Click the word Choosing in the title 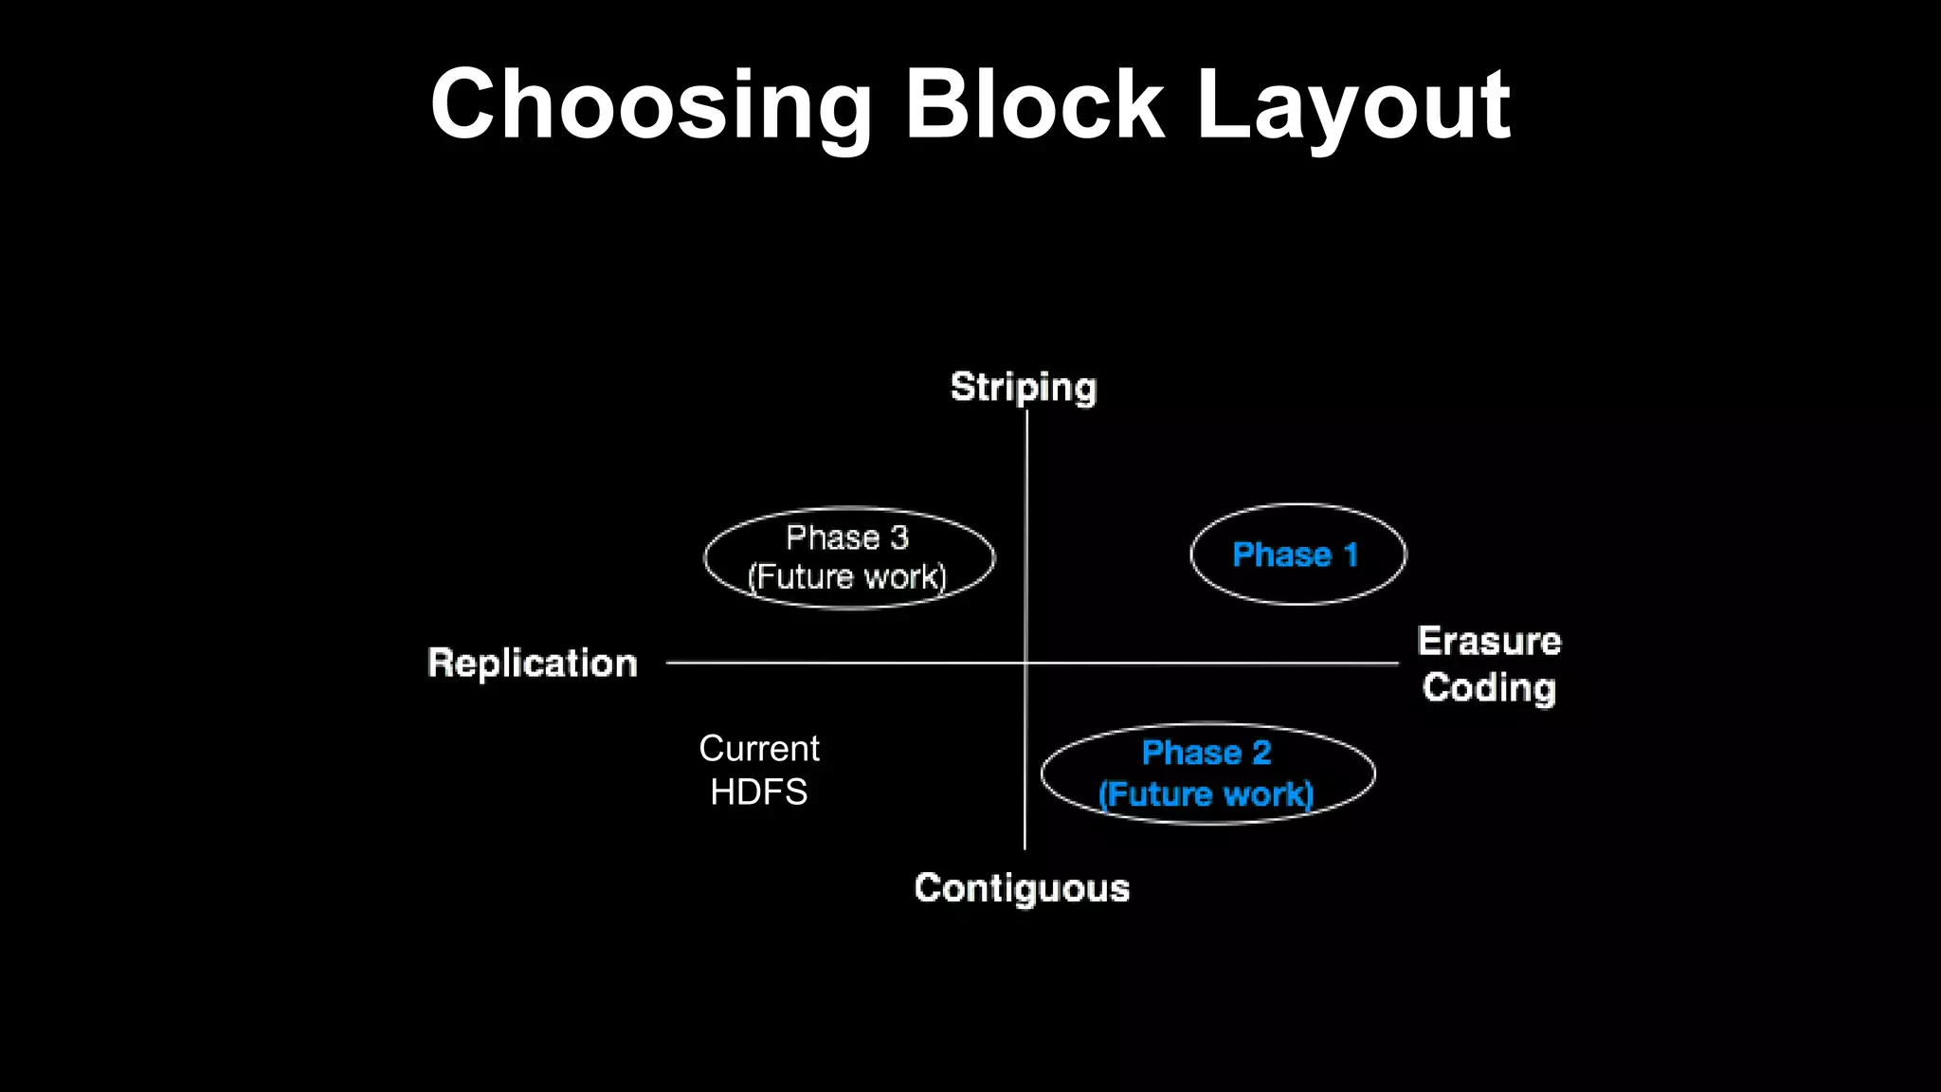[x=650, y=106]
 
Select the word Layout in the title [x=1352, y=106]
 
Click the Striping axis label [x=1024, y=387]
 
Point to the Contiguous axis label [x=1022, y=888]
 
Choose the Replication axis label [x=533, y=663]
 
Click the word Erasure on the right [x=1489, y=642]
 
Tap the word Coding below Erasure [x=1489, y=687]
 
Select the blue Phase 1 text [x=1295, y=555]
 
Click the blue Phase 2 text [x=1206, y=753]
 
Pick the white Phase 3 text [x=847, y=537]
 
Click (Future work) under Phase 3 [x=847, y=576]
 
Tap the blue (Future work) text [x=1206, y=794]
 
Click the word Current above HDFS [x=759, y=749]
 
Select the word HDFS [x=759, y=792]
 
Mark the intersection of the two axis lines [x=1025, y=663]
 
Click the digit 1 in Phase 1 [x=1351, y=555]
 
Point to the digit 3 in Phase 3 [x=899, y=537]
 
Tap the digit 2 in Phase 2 [x=1261, y=753]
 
